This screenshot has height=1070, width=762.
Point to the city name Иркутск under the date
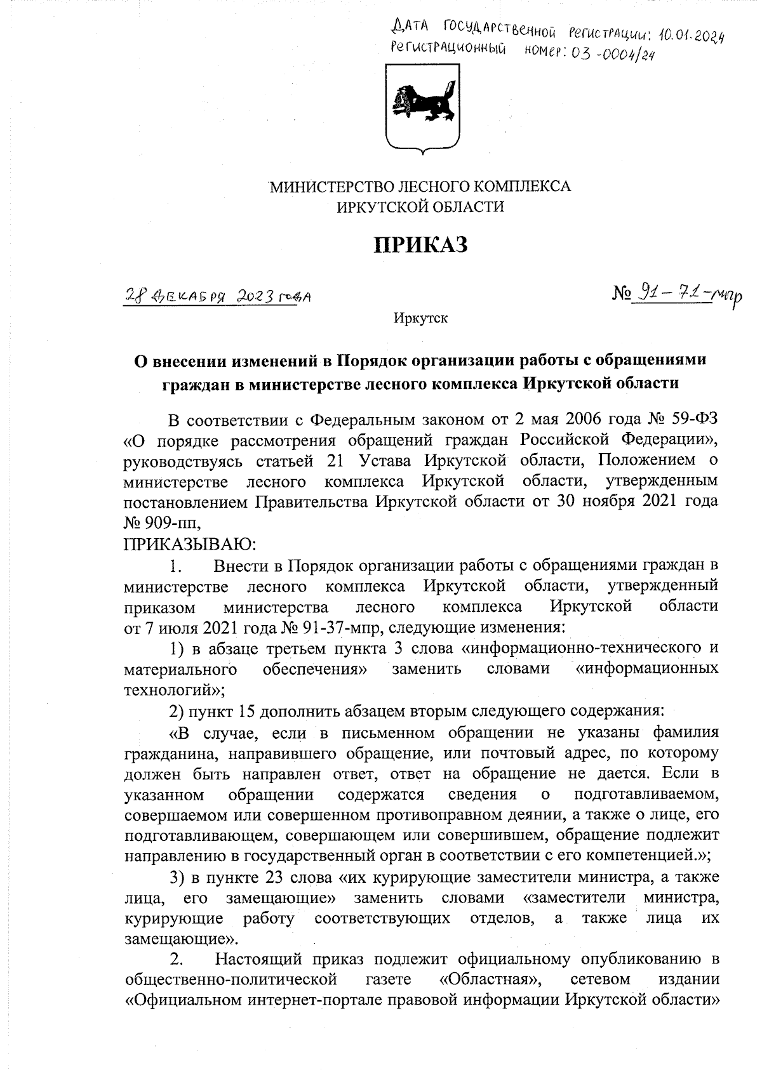[420, 318]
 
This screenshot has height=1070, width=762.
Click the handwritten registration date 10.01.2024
[683, 34]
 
